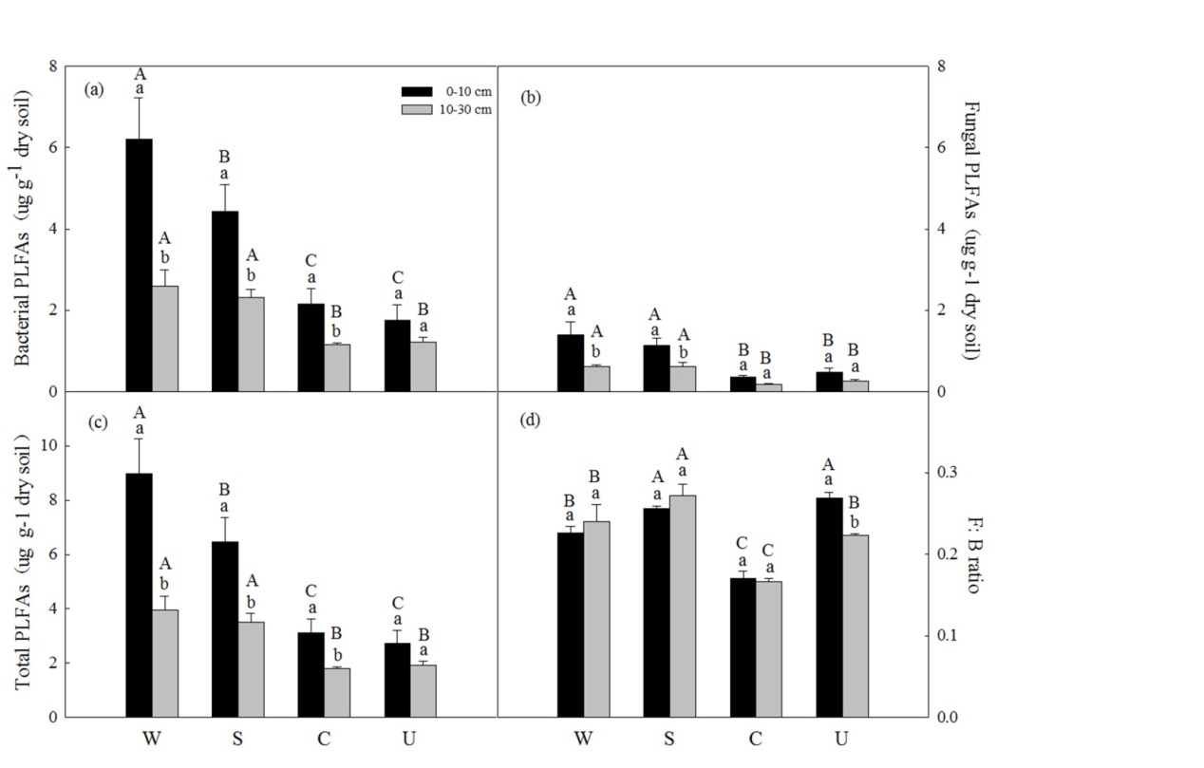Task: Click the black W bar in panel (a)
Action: pos(139,266)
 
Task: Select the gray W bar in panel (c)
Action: pos(165,664)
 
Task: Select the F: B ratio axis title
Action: pos(971,555)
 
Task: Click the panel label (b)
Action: pos(531,96)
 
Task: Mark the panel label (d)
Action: pos(531,421)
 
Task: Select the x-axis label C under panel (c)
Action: pos(310,737)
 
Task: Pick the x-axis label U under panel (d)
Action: pos(841,737)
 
